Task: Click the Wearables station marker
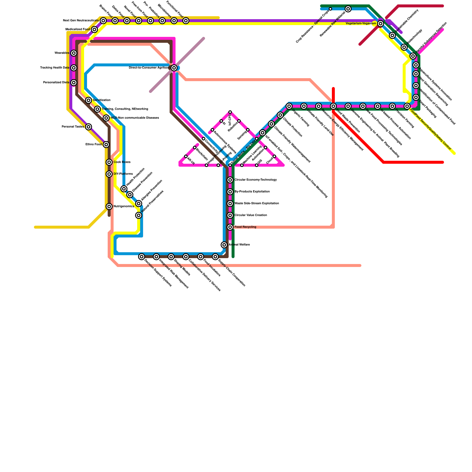click(x=74, y=53)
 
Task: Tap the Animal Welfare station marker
click(x=224, y=245)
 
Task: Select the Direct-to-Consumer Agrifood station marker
click(x=174, y=68)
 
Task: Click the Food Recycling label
click(x=245, y=227)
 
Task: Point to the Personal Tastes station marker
click(x=88, y=127)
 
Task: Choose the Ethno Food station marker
click(x=106, y=145)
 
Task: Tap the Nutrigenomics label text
click(x=124, y=206)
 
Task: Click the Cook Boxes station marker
click(x=109, y=162)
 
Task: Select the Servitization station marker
click(x=88, y=100)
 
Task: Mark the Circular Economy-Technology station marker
click(x=230, y=180)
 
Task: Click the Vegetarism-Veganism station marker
click(x=381, y=24)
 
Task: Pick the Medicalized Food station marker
click(x=94, y=29)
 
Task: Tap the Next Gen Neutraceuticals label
click(x=81, y=21)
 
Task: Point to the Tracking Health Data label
click(x=55, y=68)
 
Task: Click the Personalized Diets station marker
click(x=74, y=83)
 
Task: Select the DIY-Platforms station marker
click(x=109, y=174)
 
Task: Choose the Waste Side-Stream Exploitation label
click(x=257, y=204)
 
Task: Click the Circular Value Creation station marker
click(x=230, y=215)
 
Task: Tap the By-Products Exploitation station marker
click(x=230, y=192)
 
